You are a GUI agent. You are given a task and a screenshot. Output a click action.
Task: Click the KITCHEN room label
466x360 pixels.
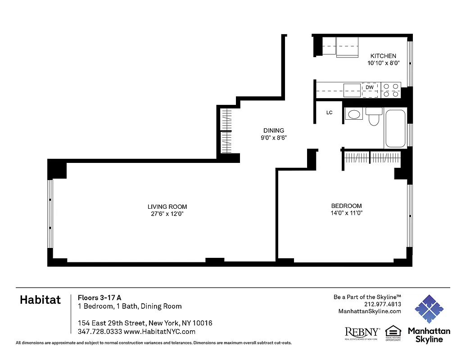click(383, 56)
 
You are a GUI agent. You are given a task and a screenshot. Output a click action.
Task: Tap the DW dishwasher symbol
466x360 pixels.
click(370, 87)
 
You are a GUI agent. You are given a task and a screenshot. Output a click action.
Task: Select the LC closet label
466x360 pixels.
click(329, 112)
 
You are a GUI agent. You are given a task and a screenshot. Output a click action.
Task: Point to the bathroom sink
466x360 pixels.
click(353, 114)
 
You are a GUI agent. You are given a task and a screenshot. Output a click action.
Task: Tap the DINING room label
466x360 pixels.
click(274, 130)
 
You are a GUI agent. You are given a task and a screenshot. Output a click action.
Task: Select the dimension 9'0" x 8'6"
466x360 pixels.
click(274, 138)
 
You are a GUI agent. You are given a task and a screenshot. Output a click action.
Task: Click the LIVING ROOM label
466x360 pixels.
click(167, 207)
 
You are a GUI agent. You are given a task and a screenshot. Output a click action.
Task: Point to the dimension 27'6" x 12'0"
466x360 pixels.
click(167, 214)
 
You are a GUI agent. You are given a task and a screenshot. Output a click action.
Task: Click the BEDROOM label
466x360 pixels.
click(346, 206)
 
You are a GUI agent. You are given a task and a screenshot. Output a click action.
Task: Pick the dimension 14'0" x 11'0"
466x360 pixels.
click(346, 213)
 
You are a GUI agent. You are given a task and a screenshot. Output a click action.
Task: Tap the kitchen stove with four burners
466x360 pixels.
click(391, 90)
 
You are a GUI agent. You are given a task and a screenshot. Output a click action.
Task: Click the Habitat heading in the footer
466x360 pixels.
click(40, 301)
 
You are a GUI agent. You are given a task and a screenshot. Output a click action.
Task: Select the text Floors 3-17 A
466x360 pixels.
click(100, 297)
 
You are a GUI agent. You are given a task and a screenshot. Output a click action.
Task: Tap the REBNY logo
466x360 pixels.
click(362, 333)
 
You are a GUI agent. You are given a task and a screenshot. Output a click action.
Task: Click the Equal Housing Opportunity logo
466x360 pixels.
click(393, 333)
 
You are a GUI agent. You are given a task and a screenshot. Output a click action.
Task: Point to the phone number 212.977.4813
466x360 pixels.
click(382, 304)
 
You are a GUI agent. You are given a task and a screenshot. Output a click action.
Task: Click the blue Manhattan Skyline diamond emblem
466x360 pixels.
click(429, 309)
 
